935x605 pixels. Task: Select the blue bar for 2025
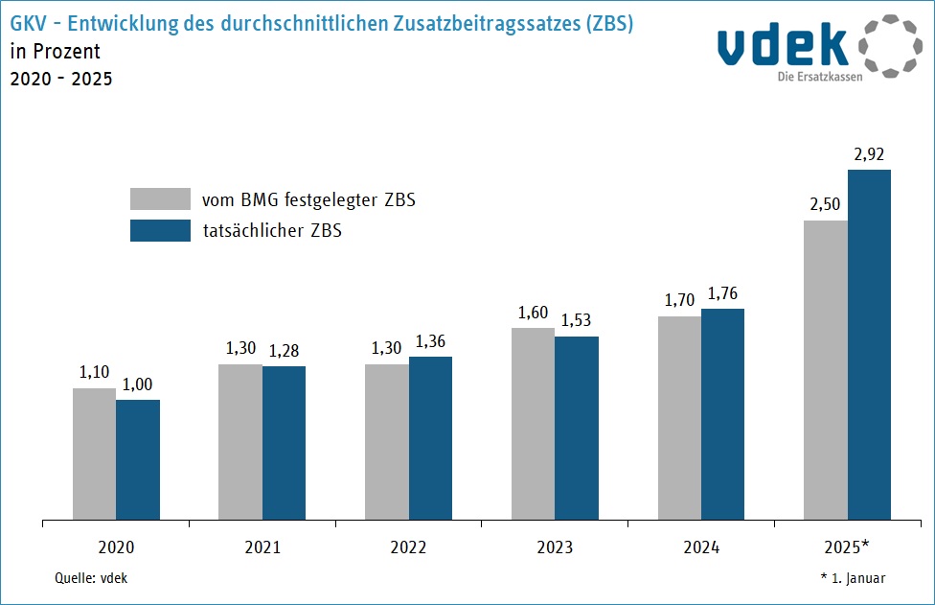click(x=869, y=345)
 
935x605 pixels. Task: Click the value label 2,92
click(x=870, y=153)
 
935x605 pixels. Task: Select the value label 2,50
click(x=825, y=204)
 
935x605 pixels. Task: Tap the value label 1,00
click(x=138, y=384)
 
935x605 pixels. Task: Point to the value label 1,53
click(x=577, y=320)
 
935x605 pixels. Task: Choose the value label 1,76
click(x=723, y=292)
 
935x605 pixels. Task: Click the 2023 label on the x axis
click(x=555, y=547)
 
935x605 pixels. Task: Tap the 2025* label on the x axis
click(x=847, y=547)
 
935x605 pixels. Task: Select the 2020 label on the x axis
click(x=116, y=547)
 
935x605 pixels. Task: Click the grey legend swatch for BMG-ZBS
click(x=160, y=198)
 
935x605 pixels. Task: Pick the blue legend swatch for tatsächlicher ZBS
click(x=160, y=230)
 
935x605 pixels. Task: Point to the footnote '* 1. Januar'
click(x=853, y=578)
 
